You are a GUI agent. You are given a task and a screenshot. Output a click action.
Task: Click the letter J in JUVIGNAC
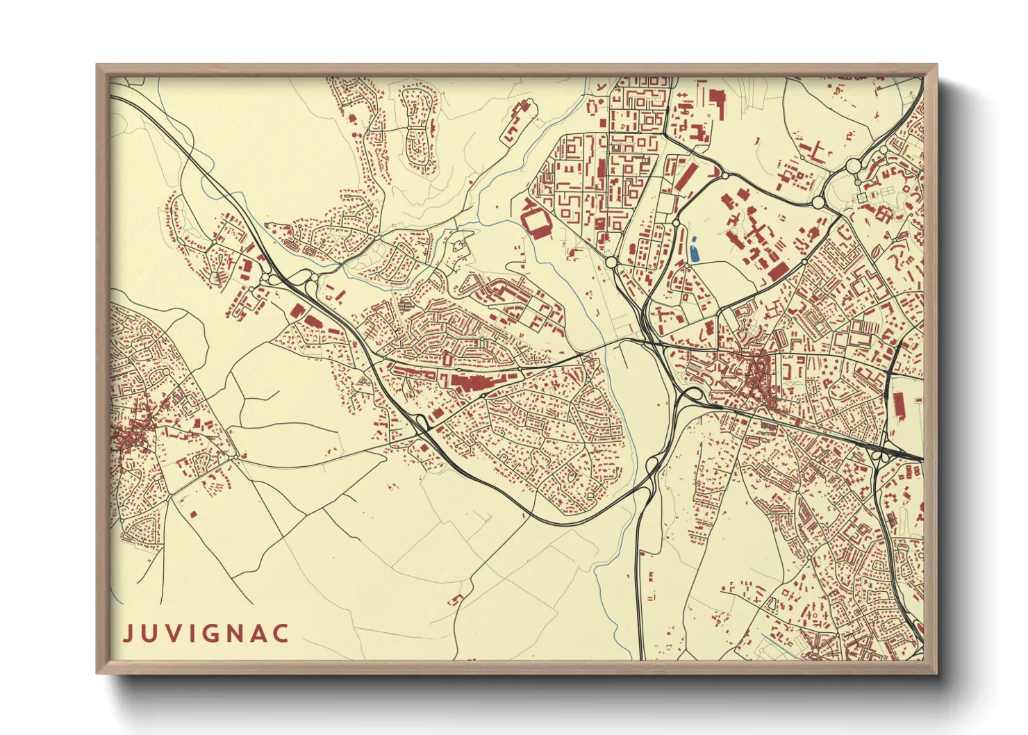click(x=128, y=634)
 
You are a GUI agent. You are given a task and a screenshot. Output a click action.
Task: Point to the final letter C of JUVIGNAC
click(x=281, y=634)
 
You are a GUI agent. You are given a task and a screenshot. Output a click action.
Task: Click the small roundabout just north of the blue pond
click(x=676, y=223)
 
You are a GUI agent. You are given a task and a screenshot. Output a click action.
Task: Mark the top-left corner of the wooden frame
click(x=98, y=66)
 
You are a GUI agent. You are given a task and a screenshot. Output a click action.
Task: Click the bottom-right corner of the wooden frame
click(x=936, y=672)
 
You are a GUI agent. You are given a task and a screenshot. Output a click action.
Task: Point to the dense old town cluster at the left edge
click(x=132, y=434)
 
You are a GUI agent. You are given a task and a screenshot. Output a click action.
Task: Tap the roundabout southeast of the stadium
click(x=611, y=262)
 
